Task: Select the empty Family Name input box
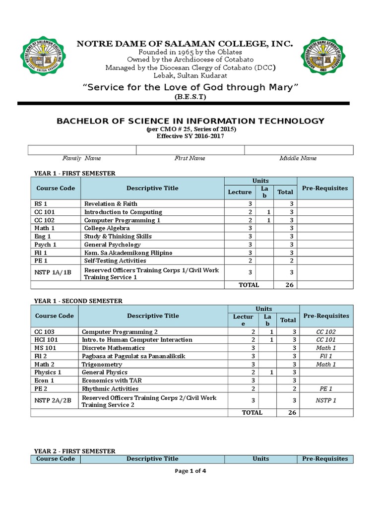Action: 82,150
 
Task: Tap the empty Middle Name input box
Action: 299,150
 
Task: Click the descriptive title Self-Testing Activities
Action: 115,261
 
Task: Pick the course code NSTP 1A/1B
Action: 53,272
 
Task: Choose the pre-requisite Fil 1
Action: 325,356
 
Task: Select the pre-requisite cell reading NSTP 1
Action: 325,400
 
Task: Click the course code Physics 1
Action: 48,372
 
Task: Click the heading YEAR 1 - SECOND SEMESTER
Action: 77,301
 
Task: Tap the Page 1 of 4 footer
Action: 190,471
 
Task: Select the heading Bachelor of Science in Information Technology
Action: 190,121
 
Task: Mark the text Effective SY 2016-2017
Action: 190,136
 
